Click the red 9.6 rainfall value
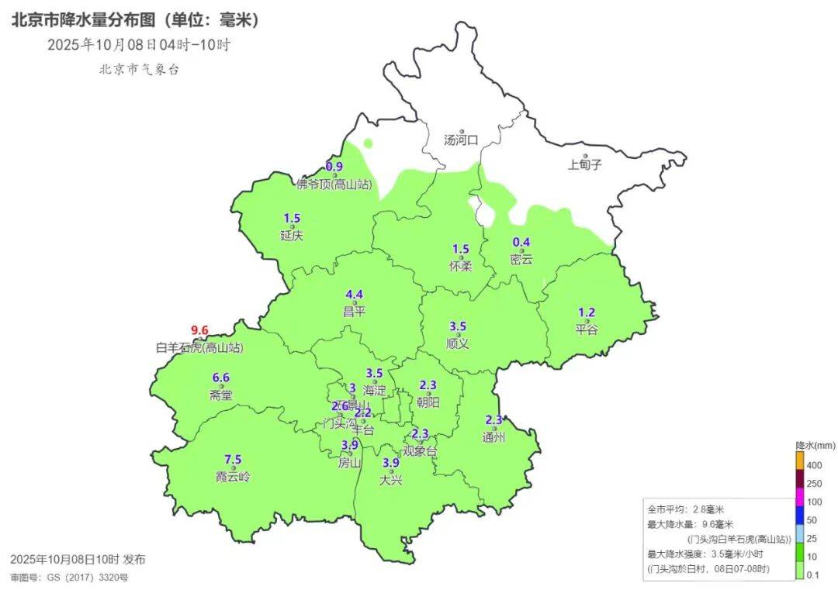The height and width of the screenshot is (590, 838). click(x=200, y=330)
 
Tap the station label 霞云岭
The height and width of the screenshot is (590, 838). click(x=233, y=477)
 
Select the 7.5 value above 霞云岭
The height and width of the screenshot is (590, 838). click(x=233, y=459)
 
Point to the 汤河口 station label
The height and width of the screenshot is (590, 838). click(x=461, y=140)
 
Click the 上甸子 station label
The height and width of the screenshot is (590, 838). click(x=584, y=164)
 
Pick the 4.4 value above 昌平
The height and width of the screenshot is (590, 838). click(x=354, y=295)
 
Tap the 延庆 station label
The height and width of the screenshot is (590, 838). click(x=292, y=235)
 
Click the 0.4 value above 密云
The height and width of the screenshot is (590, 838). click(x=521, y=242)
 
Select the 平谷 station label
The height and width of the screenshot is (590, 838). click(x=587, y=330)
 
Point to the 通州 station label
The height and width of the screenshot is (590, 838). click(x=493, y=437)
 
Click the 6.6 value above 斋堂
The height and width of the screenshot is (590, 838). click(x=221, y=378)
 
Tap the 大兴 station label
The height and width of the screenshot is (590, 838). click(x=391, y=480)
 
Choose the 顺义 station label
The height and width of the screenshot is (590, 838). click(x=458, y=343)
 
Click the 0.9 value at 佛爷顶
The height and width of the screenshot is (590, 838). click(x=334, y=167)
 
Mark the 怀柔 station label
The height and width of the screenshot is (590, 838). click(x=461, y=266)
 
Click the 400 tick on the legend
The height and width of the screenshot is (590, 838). click(x=814, y=465)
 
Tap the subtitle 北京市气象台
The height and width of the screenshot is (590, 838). click(x=139, y=70)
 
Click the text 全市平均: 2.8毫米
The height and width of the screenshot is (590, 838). click(x=686, y=509)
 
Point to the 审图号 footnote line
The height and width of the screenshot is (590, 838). click(x=69, y=578)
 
